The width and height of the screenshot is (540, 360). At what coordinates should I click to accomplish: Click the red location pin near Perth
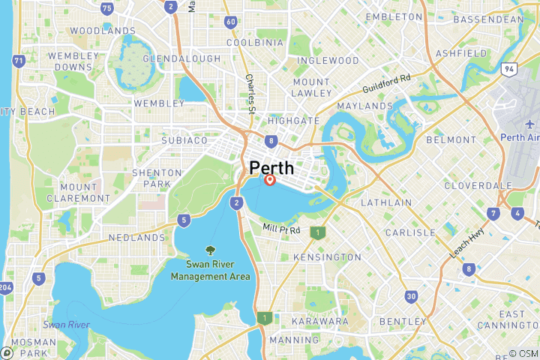[270, 180]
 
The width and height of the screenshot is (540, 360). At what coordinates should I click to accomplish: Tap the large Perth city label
[271, 167]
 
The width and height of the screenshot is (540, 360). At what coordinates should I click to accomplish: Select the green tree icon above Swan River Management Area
[209, 251]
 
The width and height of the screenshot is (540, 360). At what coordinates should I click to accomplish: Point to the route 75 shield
[107, 8]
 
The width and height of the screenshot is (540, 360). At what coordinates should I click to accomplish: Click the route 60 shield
[230, 22]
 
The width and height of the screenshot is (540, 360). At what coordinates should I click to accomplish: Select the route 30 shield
[411, 296]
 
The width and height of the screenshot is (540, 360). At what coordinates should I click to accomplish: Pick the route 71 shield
[19, 60]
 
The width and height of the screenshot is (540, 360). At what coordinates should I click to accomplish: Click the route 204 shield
[6, 287]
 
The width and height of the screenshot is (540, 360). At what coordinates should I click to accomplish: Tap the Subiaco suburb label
[184, 140]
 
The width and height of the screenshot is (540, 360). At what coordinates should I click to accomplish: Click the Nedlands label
[136, 237]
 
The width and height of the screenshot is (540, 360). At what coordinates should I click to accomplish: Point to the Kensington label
[327, 257]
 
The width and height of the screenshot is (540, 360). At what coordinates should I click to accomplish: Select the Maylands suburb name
[365, 106]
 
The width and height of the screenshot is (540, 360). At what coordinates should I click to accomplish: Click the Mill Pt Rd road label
[281, 229]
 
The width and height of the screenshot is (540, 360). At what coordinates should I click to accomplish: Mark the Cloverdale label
[472, 184]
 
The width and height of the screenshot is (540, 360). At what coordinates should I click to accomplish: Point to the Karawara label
[320, 321]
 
